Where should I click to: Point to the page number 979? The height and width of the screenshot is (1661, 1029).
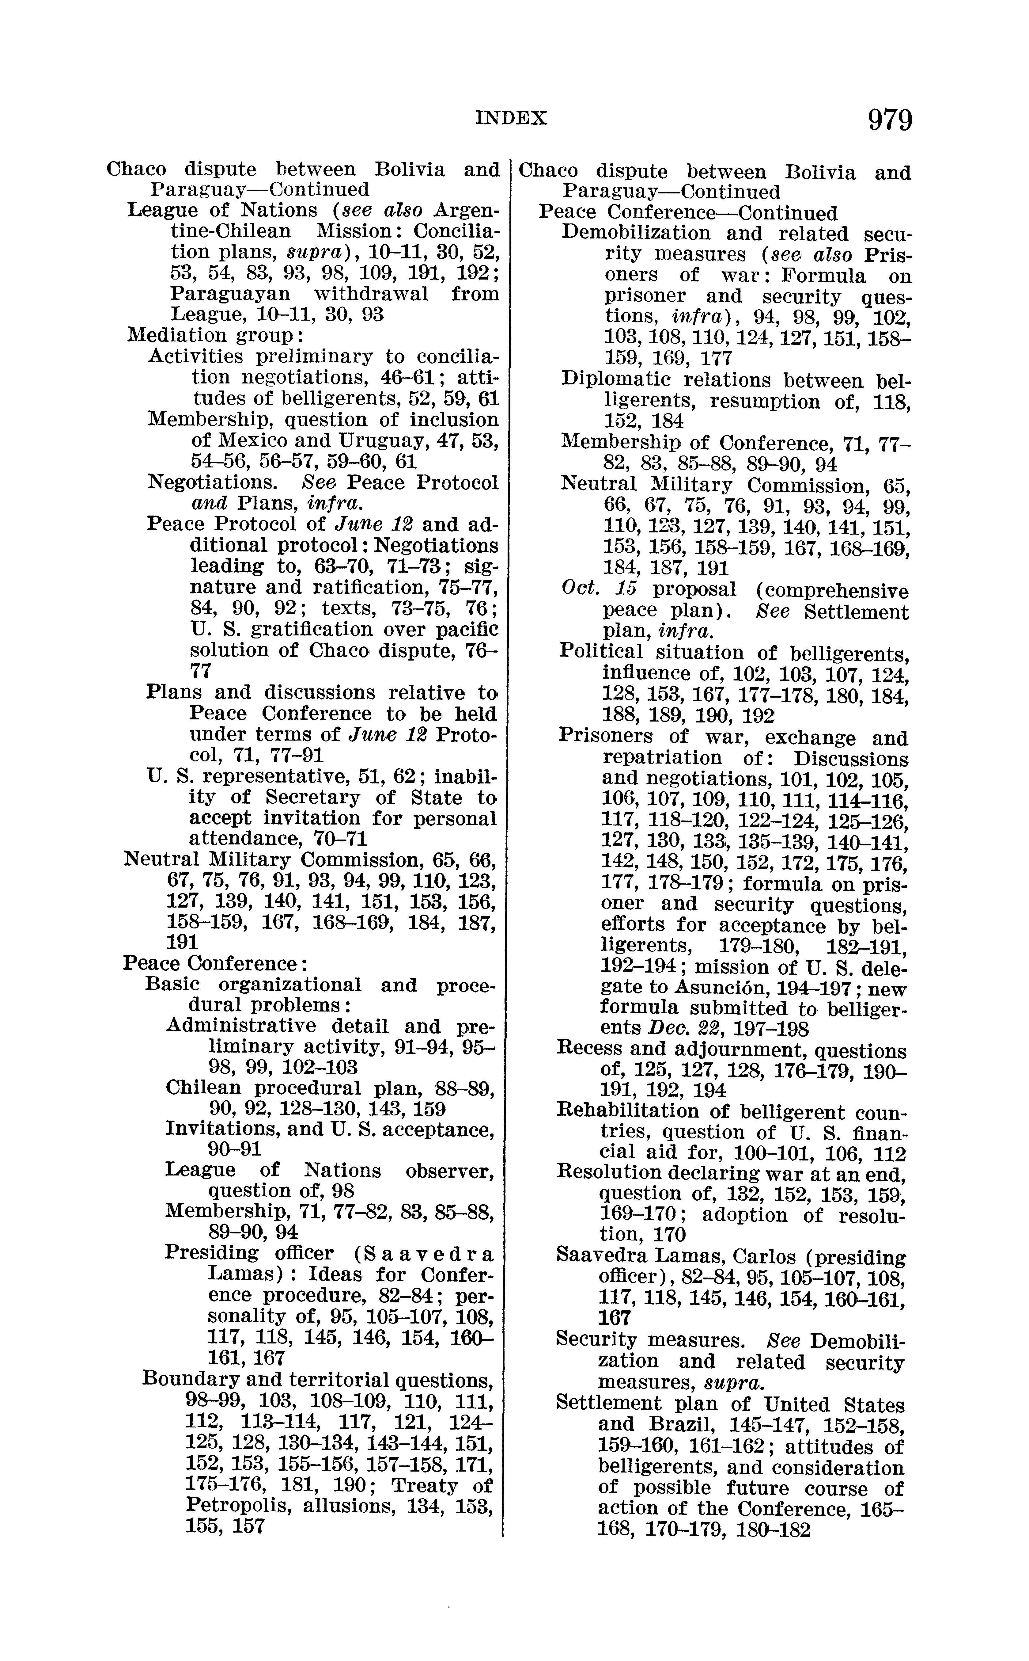889,120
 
